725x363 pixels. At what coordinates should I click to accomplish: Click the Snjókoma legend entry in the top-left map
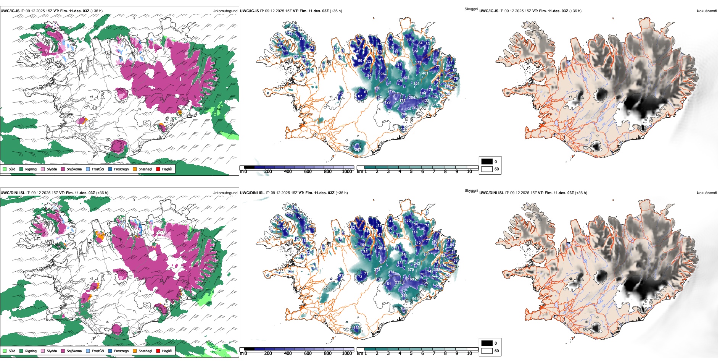point(74,169)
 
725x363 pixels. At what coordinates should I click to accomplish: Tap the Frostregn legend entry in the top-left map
point(121,169)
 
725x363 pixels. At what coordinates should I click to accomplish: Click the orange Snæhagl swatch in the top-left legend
point(135,169)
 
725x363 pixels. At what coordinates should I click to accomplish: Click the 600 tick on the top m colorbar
point(308,172)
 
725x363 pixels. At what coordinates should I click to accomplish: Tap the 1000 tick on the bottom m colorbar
point(347,353)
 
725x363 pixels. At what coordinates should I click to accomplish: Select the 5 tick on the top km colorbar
point(411,172)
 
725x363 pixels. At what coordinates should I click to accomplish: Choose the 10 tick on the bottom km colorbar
point(469,353)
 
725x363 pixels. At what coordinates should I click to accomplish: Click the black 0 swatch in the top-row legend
point(487,162)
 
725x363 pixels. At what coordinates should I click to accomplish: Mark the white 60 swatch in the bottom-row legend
point(487,351)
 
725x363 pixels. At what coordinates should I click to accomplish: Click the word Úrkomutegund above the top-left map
point(225,11)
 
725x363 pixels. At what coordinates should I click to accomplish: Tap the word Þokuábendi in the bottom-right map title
point(707,193)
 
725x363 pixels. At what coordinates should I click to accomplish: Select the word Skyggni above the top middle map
point(471,9)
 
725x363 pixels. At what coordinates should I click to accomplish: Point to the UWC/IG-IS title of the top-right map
point(488,11)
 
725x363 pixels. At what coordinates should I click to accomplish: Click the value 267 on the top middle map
point(358,149)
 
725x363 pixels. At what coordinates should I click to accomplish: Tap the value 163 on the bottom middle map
point(356,327)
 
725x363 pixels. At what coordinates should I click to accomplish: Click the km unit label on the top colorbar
point(359,172)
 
